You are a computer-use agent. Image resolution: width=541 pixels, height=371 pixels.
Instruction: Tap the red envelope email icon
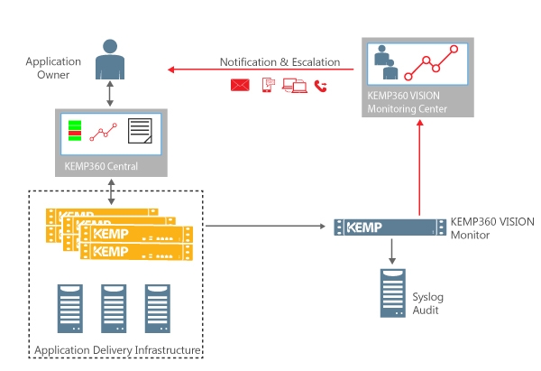click(240, 86)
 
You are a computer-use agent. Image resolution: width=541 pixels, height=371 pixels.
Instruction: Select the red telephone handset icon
click(320, 86)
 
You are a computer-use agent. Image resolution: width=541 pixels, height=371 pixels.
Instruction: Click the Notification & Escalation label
click(280, 62)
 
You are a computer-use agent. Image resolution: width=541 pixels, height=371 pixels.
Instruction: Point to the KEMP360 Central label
click(101, 166)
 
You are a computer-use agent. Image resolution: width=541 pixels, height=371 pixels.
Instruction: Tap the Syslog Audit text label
click(427, 302)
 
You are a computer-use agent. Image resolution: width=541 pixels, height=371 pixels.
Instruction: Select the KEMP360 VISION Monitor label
click(491, 227)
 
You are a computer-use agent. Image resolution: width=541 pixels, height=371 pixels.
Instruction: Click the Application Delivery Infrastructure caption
click(116, 350)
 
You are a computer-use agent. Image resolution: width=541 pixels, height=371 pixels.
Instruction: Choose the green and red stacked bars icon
click(76, 131)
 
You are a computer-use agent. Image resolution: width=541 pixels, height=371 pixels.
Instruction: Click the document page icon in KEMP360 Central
click(140, 132)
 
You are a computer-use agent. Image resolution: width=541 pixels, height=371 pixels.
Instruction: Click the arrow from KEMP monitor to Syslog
click(391, 252)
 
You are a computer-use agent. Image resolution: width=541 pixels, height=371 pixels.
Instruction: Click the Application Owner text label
click(53, 68)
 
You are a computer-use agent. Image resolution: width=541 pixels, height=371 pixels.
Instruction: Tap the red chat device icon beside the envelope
click(268, 86)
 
